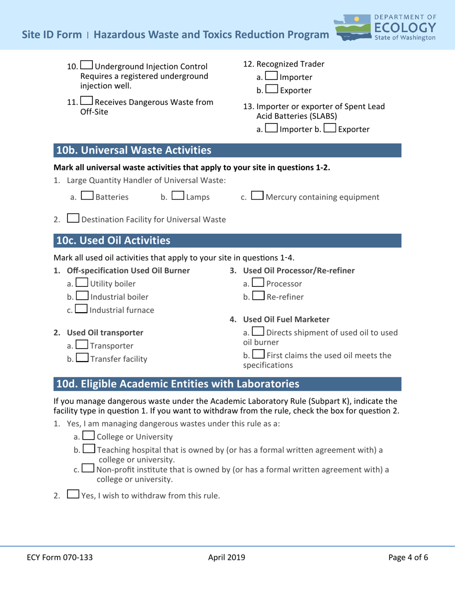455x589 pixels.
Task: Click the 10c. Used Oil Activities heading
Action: coord(113,239)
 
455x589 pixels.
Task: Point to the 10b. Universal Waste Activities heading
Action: coord(134,150)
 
